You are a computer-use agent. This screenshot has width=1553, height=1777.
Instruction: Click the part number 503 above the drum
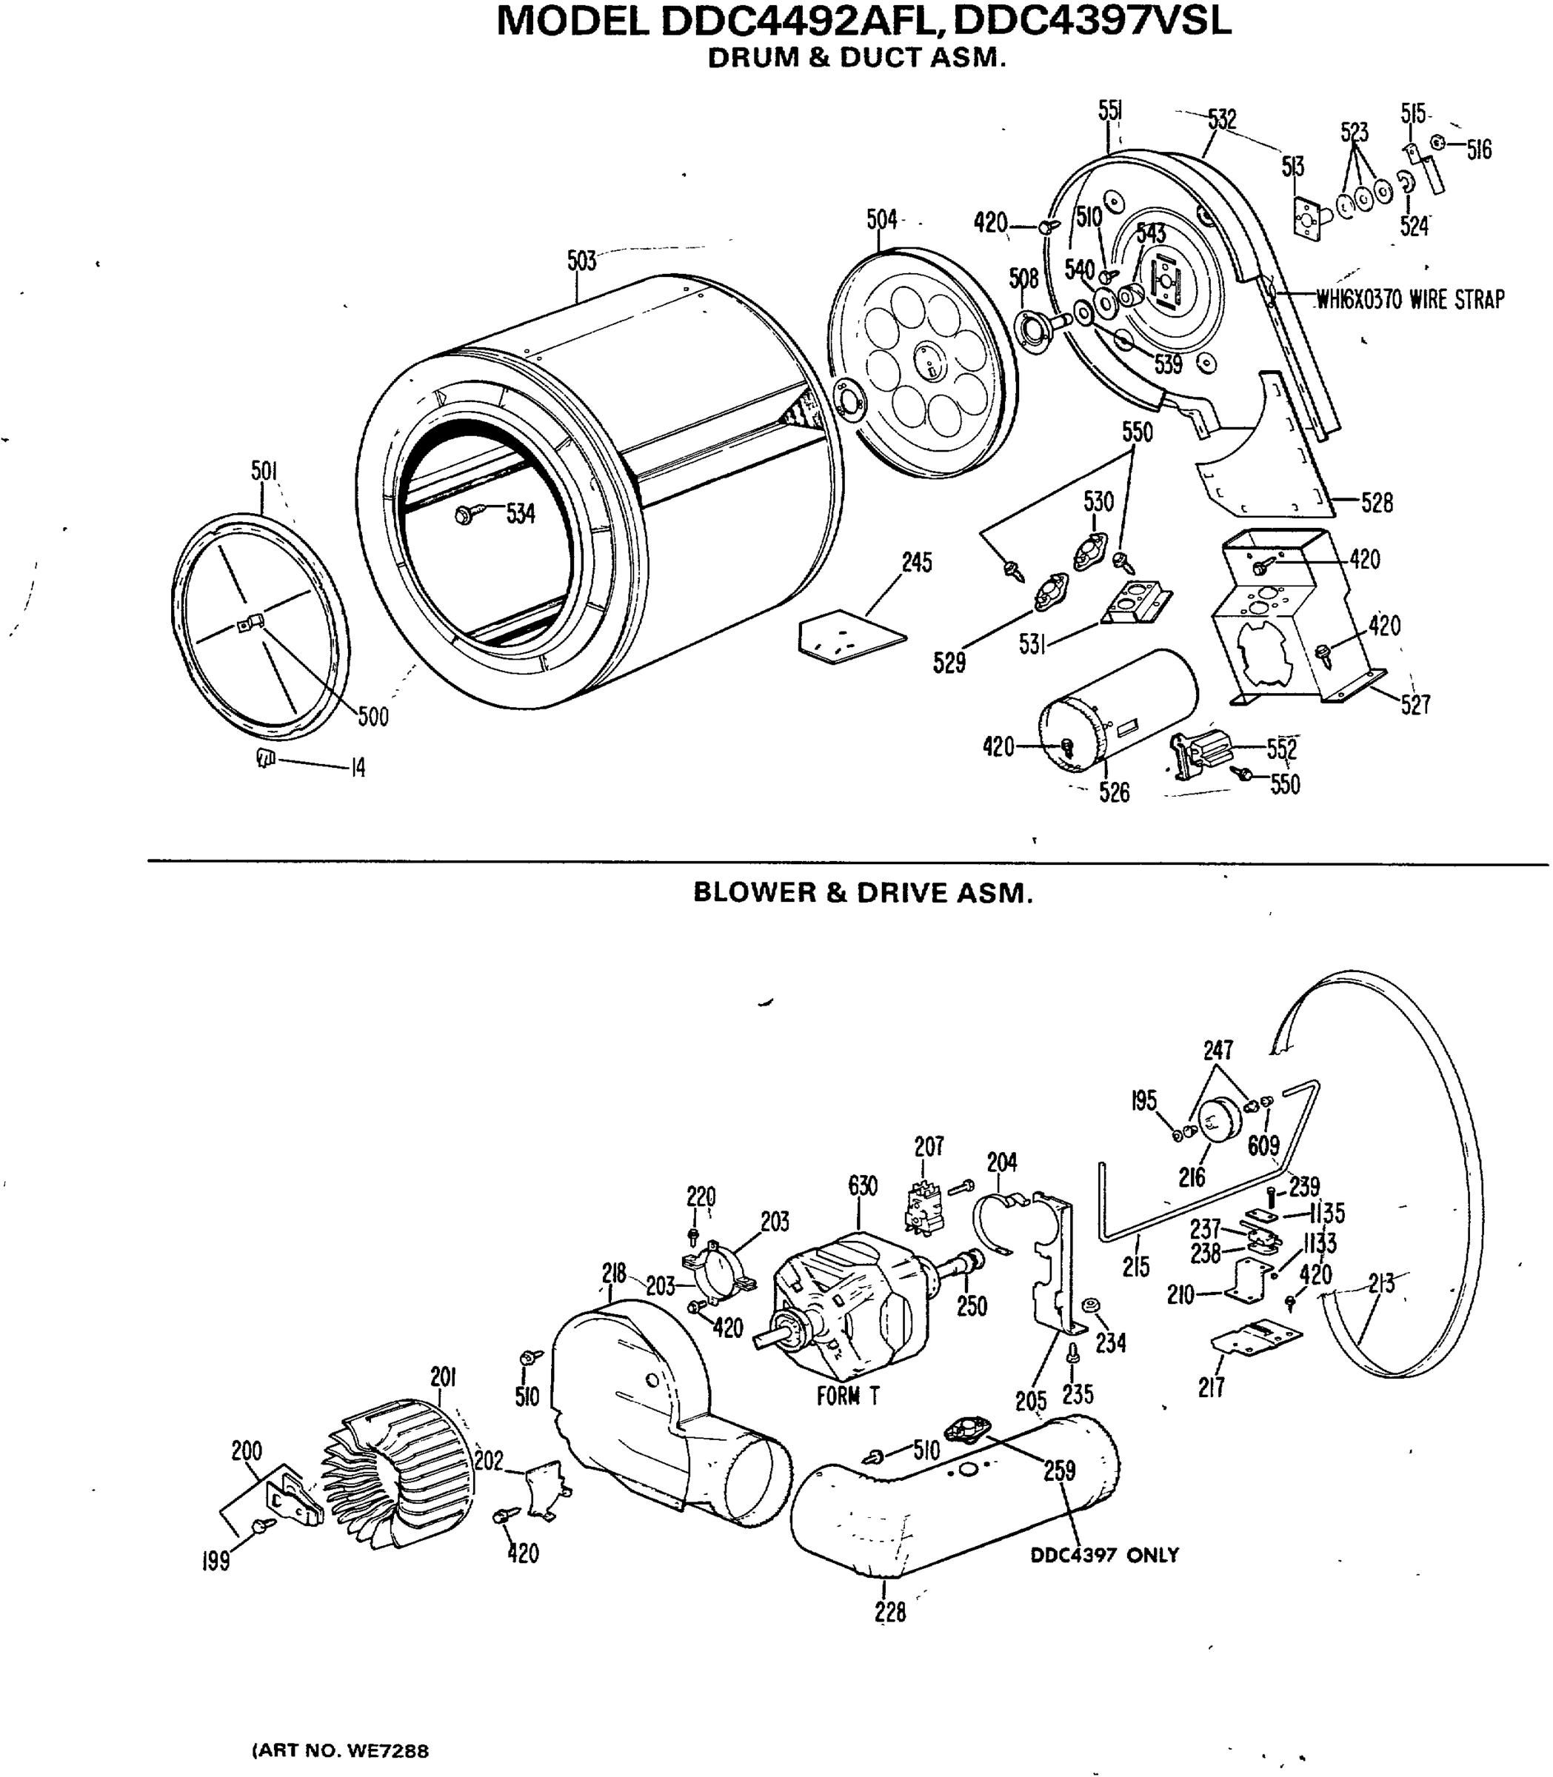click(x=581, y=261)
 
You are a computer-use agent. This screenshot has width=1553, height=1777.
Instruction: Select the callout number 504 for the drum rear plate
click(x=881, y=220)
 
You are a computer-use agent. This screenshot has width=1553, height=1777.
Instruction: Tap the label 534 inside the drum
click(x=521, y=514)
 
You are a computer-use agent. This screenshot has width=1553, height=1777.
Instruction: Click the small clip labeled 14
click(x=265, y=758)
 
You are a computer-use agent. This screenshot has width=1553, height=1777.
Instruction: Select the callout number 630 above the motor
click(x=862, y=1185)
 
